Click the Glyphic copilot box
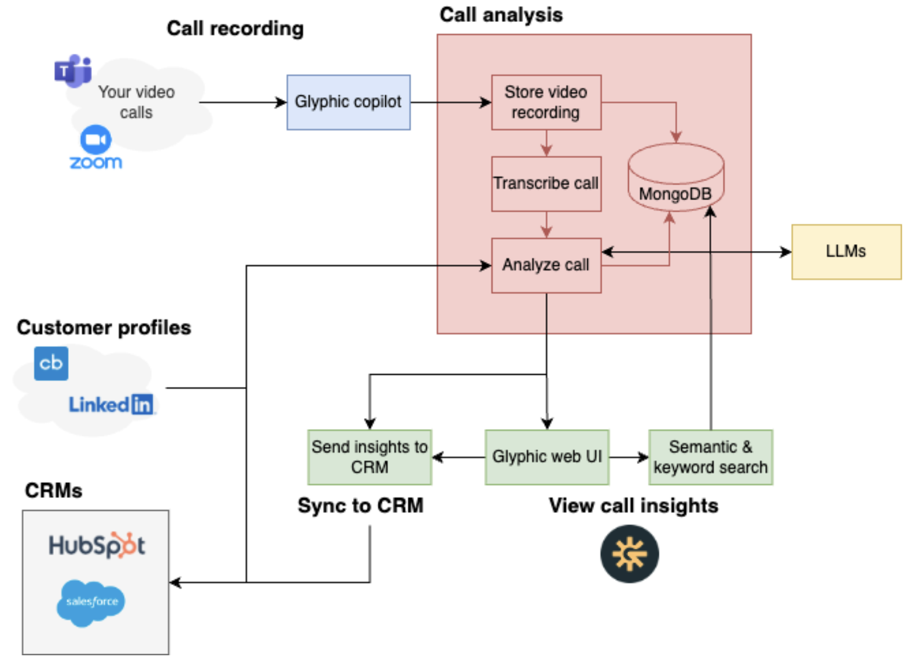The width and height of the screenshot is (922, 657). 348,102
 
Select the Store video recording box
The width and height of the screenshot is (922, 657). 545,102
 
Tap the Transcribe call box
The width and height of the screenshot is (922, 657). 545,183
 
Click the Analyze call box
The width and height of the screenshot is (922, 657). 545,265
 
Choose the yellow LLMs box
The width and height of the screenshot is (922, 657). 846,252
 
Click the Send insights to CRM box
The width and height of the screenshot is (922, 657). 370,457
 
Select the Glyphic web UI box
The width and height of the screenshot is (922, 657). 547,457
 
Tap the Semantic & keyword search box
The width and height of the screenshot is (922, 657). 710,457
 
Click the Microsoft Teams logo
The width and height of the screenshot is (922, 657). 73,71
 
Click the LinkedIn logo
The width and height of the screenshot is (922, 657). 111,404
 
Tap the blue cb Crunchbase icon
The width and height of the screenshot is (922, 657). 51,363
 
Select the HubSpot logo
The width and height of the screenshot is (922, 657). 97,545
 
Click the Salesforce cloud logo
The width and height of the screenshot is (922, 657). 91,602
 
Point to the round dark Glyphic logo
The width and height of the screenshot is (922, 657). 629,553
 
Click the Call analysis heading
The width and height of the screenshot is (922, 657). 501,15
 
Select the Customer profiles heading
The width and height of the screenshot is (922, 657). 104,327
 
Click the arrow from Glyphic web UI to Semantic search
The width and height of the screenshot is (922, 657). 629,457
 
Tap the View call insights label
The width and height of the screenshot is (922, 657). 633,505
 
